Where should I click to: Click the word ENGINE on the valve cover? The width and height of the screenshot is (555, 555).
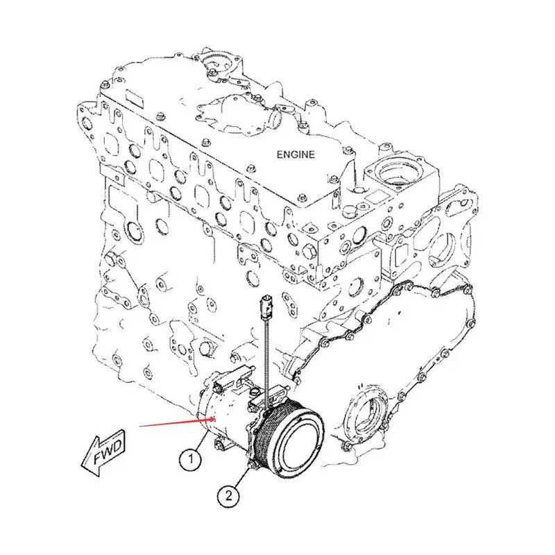(296, 155)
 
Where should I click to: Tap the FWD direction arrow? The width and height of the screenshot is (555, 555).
(103, 453)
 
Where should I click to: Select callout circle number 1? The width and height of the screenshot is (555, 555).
(191, 459)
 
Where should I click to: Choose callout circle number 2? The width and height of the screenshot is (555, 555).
(228, 495)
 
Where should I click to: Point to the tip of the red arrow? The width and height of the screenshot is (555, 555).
(216, 419)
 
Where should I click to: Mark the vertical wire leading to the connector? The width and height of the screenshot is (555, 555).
(266, 360)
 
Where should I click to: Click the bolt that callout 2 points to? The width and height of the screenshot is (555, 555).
(253, 466)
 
